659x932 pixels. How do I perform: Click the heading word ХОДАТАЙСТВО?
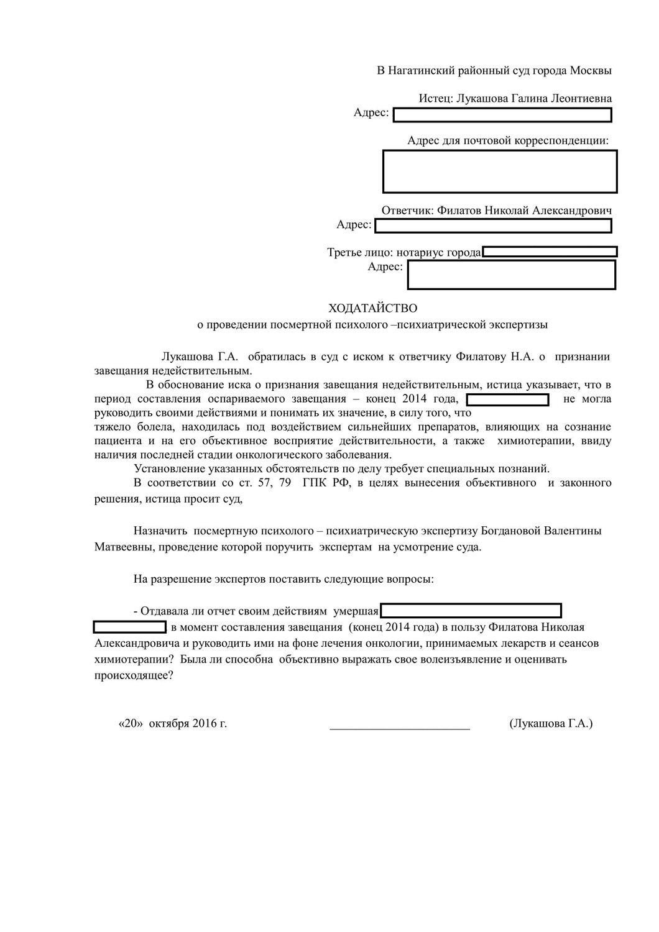tap(373, 308)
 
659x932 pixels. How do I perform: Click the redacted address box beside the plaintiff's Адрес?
tap(502, 114)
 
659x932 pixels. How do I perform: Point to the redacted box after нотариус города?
tap(550, 252)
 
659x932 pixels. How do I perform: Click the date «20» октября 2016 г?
tap(172, 724)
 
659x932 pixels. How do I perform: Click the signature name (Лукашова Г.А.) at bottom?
tap(550, 724)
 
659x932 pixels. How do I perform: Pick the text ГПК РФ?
tap(323, 483)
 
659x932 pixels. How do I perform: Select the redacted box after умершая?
tap(471, 611)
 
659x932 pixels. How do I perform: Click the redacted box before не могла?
tap(507, 400)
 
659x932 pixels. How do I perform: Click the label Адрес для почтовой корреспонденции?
tap(507, 140)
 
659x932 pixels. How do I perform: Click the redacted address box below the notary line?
tap(511, 275)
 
